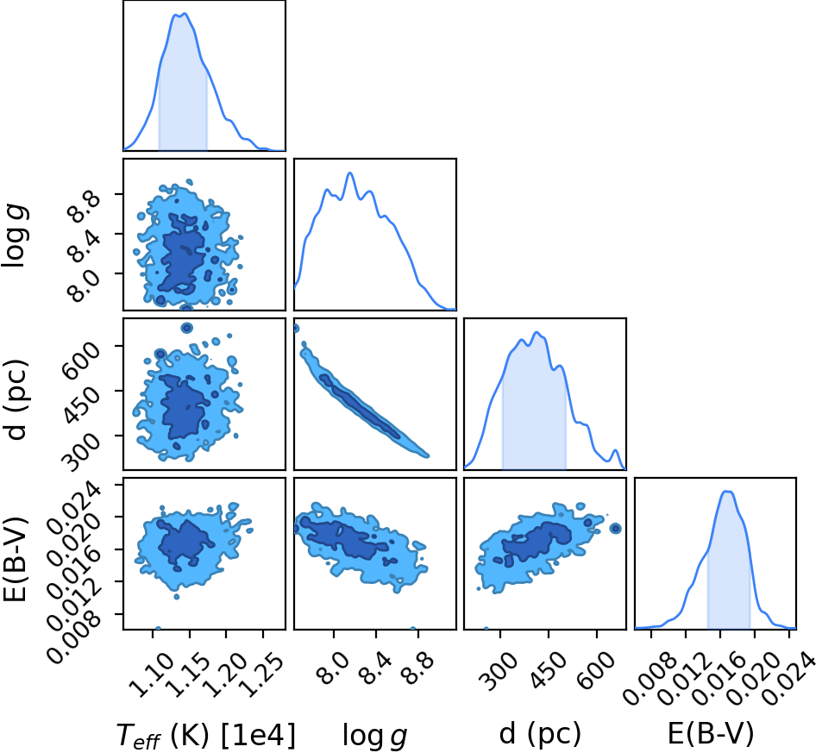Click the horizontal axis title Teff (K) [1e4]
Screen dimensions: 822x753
(205, 734)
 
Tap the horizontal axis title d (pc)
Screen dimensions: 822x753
(540, 733)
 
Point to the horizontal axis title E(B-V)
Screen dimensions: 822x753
(711, 733)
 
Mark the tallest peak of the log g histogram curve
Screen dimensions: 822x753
(349, 173)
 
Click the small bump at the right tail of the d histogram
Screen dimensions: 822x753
(616, 450)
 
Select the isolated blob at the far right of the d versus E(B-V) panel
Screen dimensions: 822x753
(616, 528)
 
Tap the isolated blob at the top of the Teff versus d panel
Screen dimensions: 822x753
(186, 328)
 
